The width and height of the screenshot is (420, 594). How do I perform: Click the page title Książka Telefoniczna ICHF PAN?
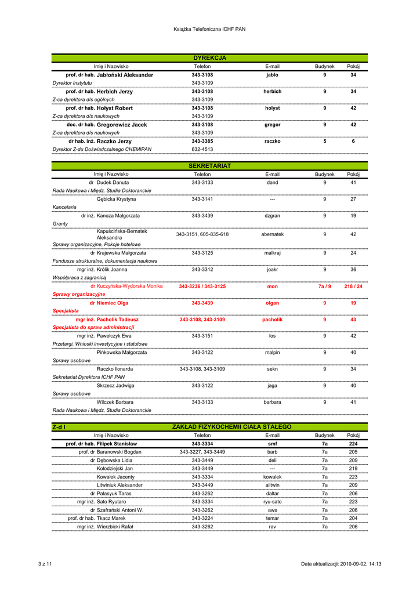point(209,28)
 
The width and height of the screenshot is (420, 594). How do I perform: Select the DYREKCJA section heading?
point(209,58)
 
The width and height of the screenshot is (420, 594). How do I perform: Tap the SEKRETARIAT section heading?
point(209,166)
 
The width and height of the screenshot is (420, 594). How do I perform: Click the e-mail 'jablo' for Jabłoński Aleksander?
point(272,75)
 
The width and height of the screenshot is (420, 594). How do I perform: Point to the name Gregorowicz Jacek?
point(122,125)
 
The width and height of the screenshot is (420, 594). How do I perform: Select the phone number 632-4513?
point(202,149)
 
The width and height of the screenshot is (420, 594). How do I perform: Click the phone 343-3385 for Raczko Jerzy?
point(202,142)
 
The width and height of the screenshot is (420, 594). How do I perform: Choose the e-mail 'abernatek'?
point(272,234)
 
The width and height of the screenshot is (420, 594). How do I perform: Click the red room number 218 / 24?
point(353,287)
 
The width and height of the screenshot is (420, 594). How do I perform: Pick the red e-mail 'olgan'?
point(272,303)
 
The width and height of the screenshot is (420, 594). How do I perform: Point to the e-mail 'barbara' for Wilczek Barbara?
point(272,402)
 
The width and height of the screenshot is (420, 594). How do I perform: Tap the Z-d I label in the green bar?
point(58,427)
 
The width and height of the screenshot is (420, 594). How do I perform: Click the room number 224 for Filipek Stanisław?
point(353,444)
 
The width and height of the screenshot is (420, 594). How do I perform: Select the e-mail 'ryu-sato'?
point(272,502)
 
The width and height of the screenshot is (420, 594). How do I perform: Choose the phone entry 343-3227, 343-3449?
point(202,452)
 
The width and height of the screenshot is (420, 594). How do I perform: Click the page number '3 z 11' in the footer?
point(45,564)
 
